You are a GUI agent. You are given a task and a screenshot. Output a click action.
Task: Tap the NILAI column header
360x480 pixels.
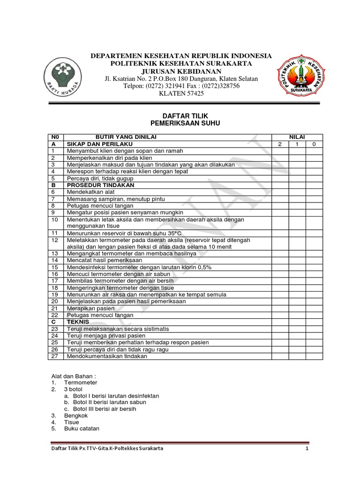pyautogui.click(x=297, y=136)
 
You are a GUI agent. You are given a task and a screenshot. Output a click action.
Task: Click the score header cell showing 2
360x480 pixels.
pyautogui.click(x=280, y=144)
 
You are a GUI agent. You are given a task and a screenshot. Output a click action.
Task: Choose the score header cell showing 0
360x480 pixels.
pyautogui.click(x=314, y=144)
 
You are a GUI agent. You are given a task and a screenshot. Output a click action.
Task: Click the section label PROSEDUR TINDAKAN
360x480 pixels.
pyautogui.click(x=100, y=185)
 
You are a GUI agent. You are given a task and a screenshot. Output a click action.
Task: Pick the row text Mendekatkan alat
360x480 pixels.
pyautogui.click(x=90, y=192)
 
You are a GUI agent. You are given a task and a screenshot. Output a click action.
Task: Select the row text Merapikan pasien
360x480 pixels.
pyautogui.click(x=89, y=308)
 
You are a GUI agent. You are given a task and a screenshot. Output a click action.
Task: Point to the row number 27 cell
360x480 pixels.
pyautogui.click(x=55, y=356)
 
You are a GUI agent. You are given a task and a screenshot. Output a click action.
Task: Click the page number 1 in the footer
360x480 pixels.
pyautogui.click(x=307, y=449)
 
